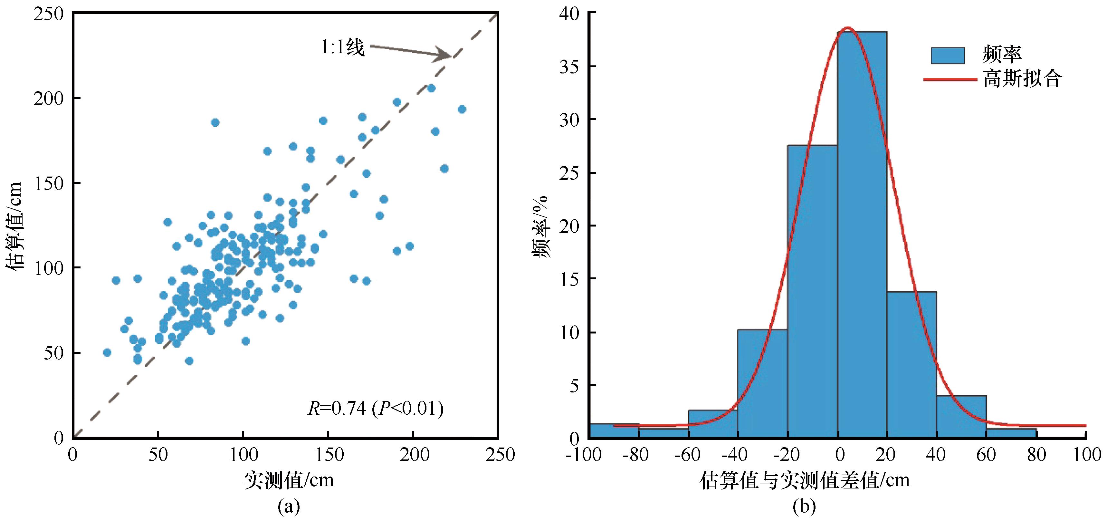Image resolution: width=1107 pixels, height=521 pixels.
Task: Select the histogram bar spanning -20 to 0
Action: pos(812,292)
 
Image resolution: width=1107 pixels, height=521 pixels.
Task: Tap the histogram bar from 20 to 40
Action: pos(911,365)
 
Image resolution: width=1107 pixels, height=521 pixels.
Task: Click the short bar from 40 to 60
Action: pos(961,417)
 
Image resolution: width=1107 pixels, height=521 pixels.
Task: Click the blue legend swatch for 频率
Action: pos(948,55)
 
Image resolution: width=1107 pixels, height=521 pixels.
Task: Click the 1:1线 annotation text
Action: pos(342,47)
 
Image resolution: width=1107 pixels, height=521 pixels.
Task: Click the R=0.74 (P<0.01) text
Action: pos(376,408)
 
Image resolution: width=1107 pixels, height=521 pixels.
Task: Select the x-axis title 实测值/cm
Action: pos(289,480)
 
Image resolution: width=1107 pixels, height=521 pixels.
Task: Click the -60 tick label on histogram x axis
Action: pos(688,455)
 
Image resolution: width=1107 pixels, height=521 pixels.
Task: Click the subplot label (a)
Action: pos(289,507)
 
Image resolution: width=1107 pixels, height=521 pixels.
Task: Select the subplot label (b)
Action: pos(804,507)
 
